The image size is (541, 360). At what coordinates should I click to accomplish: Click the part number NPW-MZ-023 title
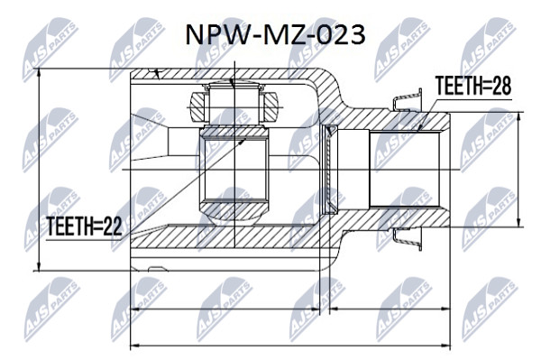click(275, 35)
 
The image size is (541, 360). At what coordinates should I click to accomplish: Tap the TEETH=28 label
click(473, 86)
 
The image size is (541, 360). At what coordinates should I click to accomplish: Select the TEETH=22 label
click(84, 226)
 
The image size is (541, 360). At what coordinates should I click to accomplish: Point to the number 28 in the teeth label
click(501, 86)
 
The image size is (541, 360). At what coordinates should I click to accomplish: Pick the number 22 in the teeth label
click(113, 226)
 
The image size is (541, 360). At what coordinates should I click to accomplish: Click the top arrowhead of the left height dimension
click(39, 73)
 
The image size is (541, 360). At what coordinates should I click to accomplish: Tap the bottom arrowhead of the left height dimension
click(39, 266)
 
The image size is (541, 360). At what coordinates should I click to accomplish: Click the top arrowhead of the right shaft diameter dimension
click(518, 117)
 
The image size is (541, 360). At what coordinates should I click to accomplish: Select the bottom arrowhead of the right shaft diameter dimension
click(518, 222)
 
